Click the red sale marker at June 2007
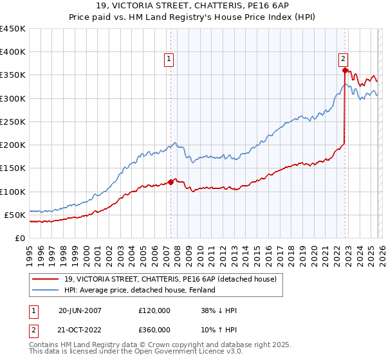(x=170, y=182)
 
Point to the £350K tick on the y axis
(x=12, y=75)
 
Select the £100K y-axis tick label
(x=12, y=192)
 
